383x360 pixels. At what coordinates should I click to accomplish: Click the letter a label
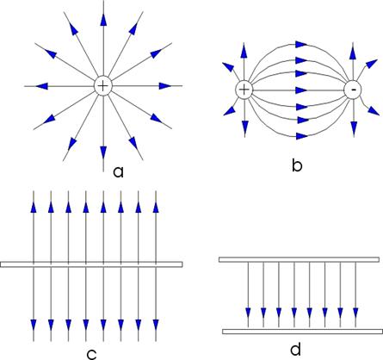118,171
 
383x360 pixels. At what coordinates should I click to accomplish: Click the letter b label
297,164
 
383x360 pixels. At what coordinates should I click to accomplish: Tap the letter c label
92,355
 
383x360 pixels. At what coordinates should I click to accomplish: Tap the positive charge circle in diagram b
244,90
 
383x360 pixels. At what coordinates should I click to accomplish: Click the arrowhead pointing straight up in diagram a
103,20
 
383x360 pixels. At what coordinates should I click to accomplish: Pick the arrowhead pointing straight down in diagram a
103,152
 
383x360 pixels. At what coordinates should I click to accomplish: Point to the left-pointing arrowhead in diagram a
41,86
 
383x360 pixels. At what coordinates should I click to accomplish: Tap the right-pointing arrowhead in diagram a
165,86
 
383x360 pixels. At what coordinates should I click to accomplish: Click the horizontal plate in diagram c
91,264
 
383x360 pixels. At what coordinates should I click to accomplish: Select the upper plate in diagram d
299,259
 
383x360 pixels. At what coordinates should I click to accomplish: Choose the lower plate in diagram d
303,332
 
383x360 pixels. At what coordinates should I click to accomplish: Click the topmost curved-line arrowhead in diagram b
302,45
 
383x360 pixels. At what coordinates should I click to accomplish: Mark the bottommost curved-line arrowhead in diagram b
302,136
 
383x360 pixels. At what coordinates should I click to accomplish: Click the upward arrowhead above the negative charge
354,53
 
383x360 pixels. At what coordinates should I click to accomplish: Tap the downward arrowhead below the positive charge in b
244,127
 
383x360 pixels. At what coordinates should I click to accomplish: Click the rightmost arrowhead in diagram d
355,313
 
